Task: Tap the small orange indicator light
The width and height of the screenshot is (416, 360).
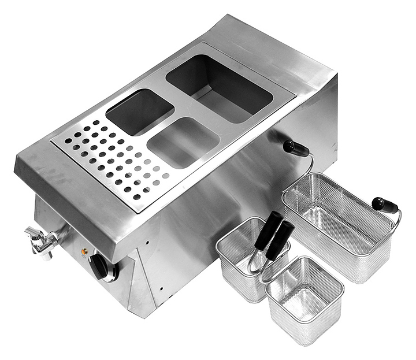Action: click(x=84, y=252)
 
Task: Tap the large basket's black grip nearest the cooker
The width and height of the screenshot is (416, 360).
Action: click(x=296, y=149)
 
